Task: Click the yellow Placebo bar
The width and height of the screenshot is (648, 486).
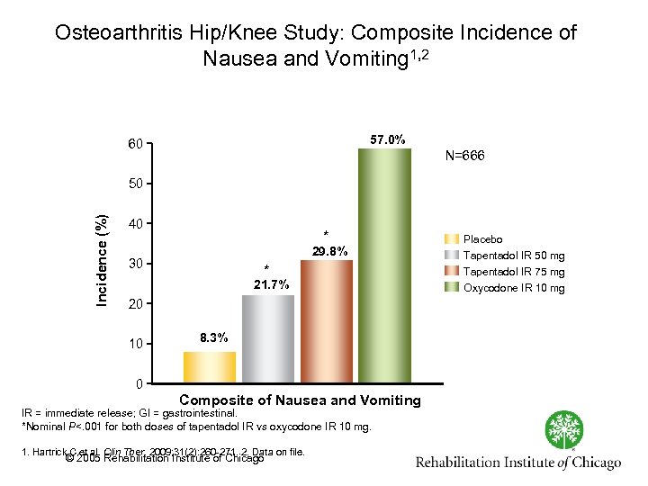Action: pyautogui.click(x=210, y=367)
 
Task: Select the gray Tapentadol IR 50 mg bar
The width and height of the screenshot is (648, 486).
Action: pyautogui.click(x=268, y=338)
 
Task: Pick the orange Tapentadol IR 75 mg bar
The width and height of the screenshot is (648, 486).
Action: pyautogui.click(x=327, y=321)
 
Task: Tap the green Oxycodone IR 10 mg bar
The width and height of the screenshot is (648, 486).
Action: pyautogui.click(x=384, y=265)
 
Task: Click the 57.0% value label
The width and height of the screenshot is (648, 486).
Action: pyautogui.click(x=387, y=139)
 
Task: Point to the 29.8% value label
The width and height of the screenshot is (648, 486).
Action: pyautogui.click(x=328, y=251)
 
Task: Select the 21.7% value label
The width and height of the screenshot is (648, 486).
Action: pyautogui.click(x=270, y=284)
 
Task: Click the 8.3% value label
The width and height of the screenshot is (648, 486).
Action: pyautogui.click(x=214, y=337)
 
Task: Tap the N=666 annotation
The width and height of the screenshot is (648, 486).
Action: pyautogui.click(x=464, y=156)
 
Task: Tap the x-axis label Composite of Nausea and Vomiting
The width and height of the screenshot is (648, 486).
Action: pyautogui.click(x=301, y=400)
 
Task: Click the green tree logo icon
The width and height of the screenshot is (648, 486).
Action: pyautogui.click(x=565, y=429)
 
